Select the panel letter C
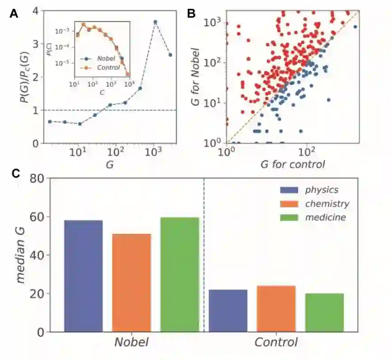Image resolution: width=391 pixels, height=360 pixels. tap(15, 173)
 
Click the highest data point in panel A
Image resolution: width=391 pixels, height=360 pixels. tap(156, 22)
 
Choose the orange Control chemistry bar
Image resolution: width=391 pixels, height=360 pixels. tap(276, 308)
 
